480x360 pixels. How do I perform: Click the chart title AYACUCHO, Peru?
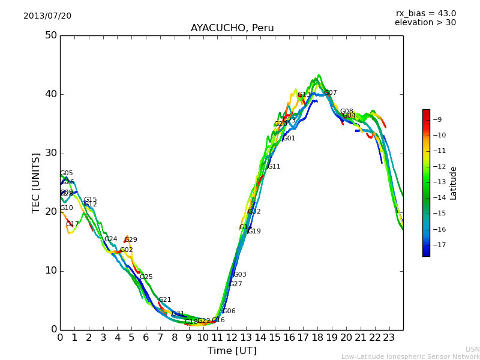232,28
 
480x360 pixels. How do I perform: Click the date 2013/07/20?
47,16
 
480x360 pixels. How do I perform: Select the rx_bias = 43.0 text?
425,13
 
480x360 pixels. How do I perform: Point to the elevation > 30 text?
425,23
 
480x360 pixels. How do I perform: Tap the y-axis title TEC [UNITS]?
37,182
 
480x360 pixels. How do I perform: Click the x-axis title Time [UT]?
232,351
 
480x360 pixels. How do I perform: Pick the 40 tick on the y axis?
50,94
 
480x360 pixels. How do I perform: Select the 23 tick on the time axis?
388,338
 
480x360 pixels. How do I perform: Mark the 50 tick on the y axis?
50,35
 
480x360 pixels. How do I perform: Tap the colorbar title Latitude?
454,183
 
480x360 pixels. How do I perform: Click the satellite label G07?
331,93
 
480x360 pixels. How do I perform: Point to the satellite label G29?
131,240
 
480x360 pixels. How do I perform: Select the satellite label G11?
274,167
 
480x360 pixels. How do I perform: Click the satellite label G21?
165,300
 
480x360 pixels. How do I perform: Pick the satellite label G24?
111,239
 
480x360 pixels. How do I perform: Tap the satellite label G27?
236,284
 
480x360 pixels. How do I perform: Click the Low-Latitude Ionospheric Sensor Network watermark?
410,356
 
